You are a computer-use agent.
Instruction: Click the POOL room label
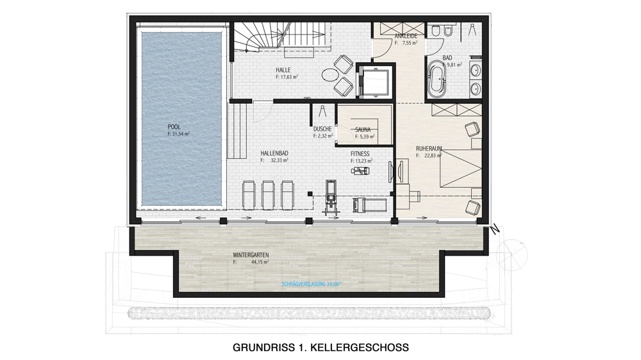click(174, 127)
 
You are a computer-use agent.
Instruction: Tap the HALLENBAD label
click(274, 153)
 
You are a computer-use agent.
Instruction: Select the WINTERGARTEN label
click(251, 255)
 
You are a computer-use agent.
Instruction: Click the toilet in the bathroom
click(435, 31)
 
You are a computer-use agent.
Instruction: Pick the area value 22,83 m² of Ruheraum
click(433, 156)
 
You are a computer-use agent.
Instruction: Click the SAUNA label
click(363, 130)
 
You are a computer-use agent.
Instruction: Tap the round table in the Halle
click(329, 75)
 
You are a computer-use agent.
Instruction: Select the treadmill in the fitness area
click(370, 204)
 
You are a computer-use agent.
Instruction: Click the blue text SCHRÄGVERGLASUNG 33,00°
click(311, 284)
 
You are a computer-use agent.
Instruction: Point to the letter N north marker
click(495, 229)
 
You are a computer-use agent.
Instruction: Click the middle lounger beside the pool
click(268, 195)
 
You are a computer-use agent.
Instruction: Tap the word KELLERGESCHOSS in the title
click(360, 348)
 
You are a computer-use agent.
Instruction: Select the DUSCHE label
click(322, 129)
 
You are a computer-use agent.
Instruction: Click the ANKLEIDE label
click(406, 36)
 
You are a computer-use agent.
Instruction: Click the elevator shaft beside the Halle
click(375, 81)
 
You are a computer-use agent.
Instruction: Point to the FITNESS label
click(360, 154)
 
